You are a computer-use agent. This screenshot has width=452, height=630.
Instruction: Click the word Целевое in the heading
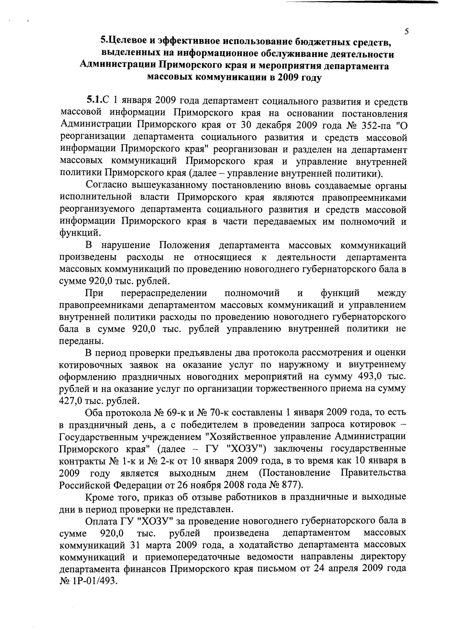click(127, 42)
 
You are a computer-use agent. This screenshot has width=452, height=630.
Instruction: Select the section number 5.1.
click(95, 99)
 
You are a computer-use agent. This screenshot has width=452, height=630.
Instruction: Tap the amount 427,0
click(73, 401)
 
